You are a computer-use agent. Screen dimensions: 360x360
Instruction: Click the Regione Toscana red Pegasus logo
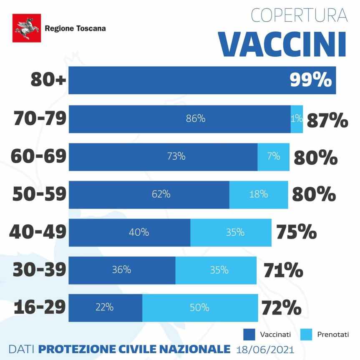click(27, 28)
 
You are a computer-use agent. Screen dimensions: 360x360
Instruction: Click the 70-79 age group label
click(40, 119)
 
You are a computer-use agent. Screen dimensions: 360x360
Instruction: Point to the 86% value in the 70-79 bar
click(195, 119)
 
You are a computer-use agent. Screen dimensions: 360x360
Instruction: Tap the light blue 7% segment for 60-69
click(273, 157)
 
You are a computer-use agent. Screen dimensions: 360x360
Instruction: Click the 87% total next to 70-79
click(327, 121)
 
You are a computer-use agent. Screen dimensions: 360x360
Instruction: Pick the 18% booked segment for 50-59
click(259, 194)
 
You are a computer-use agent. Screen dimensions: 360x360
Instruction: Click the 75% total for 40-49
click(296, 232)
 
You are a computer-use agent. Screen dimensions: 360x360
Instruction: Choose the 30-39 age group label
click(39, 270)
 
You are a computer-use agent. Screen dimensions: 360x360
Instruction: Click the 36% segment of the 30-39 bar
click(121, 270)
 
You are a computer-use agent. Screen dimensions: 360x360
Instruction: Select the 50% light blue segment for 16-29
click(200, 308)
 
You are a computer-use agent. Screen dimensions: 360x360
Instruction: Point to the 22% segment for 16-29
click(104, 308)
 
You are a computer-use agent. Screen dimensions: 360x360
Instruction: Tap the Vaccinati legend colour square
click(249, 334)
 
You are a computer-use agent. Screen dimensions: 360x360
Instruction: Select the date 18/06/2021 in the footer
click(265, 348)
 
